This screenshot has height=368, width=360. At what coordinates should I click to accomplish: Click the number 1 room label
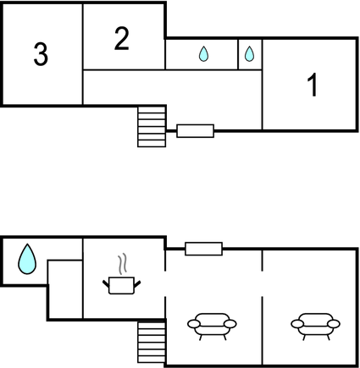coord(313,85)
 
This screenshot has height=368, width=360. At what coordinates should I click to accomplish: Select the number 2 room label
coord(122,39)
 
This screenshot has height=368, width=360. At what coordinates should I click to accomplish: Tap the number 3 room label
coord(41,54)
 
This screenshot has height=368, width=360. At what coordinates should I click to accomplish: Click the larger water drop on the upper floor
coord(203,54)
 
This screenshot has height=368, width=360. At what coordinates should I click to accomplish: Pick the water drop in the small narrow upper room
coord(249,54)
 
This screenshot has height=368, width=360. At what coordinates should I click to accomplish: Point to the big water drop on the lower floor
coord(27,259)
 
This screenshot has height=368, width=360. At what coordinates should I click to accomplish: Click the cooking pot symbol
coord(121,285)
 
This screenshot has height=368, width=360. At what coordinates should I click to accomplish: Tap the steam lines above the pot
coord(122,264)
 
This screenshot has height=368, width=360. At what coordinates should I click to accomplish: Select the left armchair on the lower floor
coord(212,327)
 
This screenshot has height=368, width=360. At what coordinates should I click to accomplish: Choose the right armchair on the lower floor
coord(316,327)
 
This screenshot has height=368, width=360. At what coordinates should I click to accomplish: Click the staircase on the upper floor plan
coord(152,126)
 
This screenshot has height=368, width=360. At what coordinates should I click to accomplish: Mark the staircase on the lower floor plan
coord(152,343)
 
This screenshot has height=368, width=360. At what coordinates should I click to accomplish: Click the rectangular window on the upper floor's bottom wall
coord(196,131)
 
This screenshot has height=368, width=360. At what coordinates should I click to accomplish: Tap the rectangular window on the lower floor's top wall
coord(203,249)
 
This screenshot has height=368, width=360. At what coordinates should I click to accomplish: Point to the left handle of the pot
coord(106,284)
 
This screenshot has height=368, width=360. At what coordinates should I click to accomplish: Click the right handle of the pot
coord(137,284)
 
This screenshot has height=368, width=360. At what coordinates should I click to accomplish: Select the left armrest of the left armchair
coord(194,324)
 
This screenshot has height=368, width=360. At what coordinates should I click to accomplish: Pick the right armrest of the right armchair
coord(334,324)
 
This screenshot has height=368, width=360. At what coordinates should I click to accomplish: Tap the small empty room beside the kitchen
coord(65,289)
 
